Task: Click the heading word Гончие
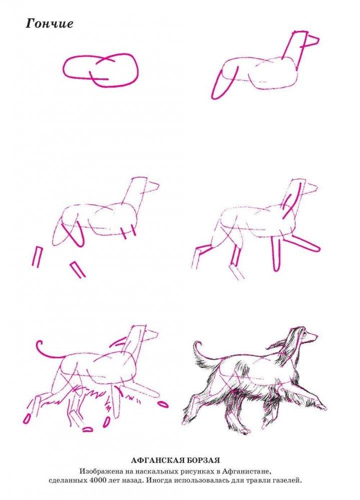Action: [49, 23]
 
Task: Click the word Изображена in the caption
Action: [98, 471]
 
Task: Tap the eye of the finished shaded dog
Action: [305, 334]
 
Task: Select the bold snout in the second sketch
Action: [311, 41]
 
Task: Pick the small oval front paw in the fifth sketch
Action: [163, 404]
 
